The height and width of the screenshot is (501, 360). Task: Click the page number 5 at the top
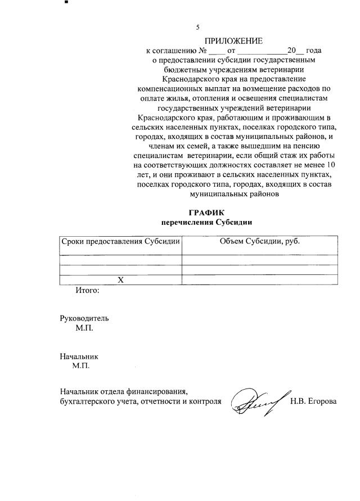pos(197,28)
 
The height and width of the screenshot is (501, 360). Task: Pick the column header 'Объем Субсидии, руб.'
pos(259,241)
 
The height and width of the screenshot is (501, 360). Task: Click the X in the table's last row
pos(120,280)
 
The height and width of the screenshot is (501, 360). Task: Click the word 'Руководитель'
pos(84,318)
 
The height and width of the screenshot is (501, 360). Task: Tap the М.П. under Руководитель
pos(84,328)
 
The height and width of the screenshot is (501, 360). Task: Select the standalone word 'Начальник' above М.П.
pos(79,356)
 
